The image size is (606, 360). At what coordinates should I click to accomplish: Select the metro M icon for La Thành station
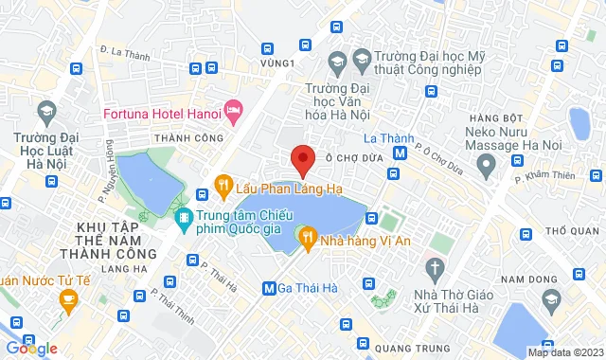[401, 152]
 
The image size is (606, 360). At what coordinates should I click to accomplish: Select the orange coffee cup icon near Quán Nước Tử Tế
[67, 301]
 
